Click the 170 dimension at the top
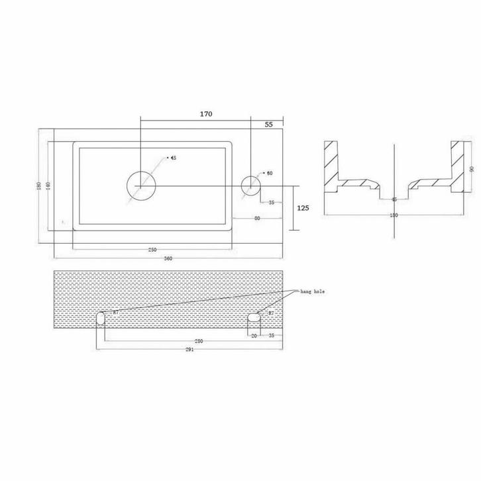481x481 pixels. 205,114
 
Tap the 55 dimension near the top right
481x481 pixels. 269,124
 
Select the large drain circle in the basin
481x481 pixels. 140,185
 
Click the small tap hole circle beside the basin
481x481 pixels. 251,185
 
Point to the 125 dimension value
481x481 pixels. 303,208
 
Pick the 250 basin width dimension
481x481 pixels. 152,249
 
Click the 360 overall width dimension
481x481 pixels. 168,258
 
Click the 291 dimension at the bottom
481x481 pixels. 189,350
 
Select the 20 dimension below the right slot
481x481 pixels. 254,335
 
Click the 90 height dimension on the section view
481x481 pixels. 472,170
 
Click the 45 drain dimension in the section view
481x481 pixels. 394,199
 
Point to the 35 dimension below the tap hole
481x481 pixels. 272,203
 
